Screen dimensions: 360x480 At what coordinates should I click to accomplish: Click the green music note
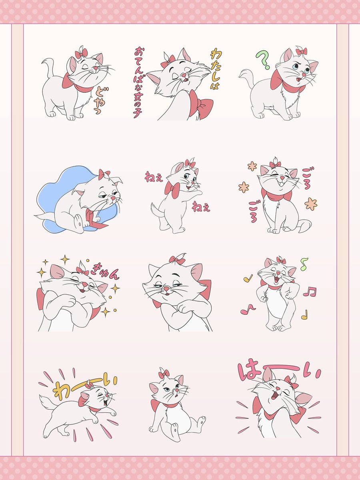pos(304,264)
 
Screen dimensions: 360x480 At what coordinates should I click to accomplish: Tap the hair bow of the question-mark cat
pos(302,52)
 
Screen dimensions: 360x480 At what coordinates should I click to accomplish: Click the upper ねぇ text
pos(154,177)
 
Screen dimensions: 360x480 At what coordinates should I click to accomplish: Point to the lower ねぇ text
pos(201,207)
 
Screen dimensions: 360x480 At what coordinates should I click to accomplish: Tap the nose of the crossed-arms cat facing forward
pos(166,289)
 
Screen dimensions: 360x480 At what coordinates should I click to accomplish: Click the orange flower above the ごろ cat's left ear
pos(252,166)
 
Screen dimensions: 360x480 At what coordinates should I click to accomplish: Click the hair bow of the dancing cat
pos(281,260)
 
